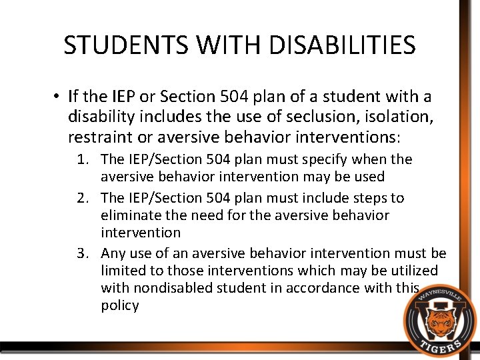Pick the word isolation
pos(401,118)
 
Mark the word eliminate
pos(129,216)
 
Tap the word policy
pos(120,306)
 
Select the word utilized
pos(413,271)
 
